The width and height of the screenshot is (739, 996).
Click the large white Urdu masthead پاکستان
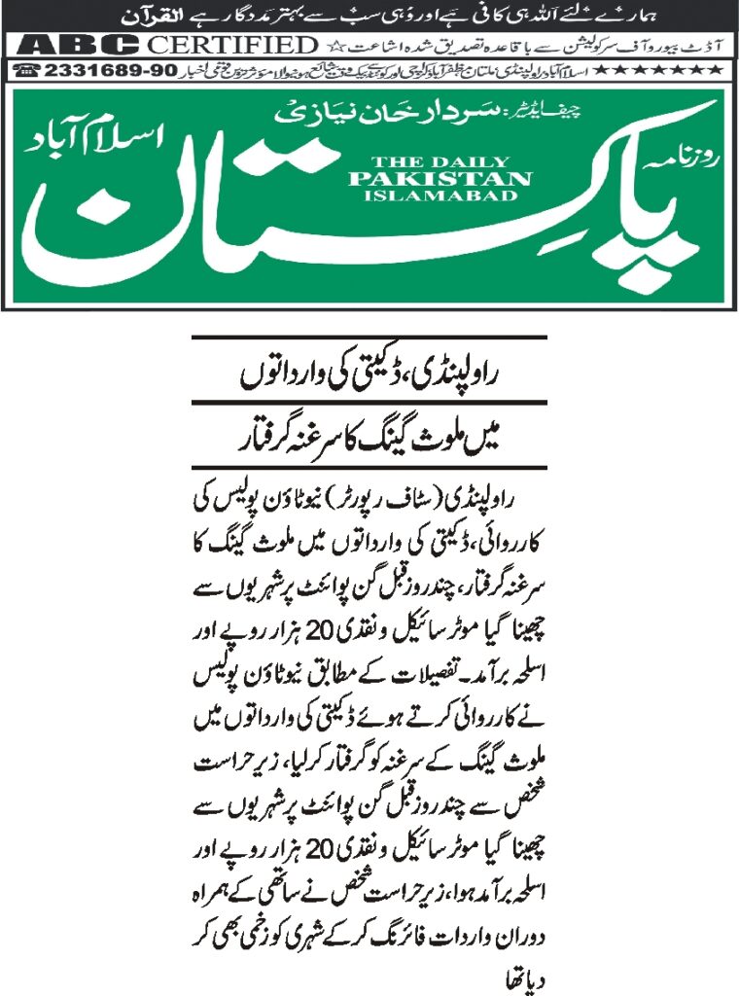[x=369, y=219]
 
